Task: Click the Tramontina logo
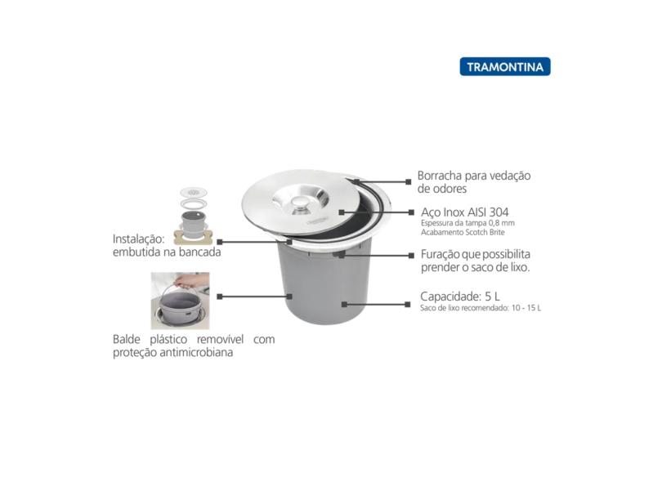(505, 67)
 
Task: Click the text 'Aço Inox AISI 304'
(464, 212)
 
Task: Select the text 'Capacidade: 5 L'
(460, 297)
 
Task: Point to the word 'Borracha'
(439, 176)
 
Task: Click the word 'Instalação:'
(138, 239)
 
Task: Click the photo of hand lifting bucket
(181, 301)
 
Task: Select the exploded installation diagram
(194, 216)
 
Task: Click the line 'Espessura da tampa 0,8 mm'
(467, 223)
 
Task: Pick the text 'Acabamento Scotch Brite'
(463, 232)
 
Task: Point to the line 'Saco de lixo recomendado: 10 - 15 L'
(481, 308)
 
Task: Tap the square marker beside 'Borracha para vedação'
(409, 182)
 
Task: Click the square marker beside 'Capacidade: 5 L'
(408, 304)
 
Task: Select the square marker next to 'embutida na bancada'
(220, 242)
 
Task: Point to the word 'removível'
(220, 339)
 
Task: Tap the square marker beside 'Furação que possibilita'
(411, 256)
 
